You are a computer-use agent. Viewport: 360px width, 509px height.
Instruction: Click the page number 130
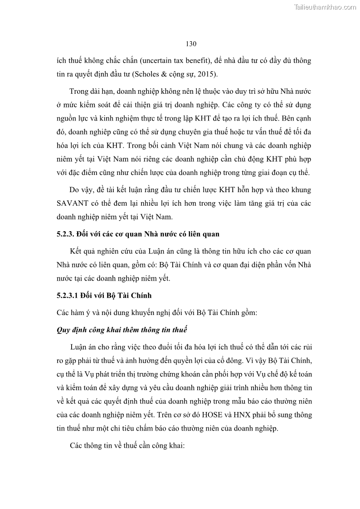pos(191,44)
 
